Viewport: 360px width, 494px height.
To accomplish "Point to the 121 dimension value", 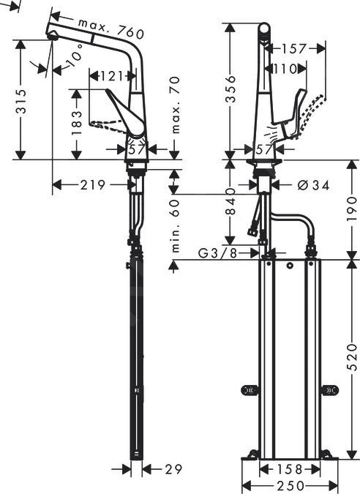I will tap(110, 75).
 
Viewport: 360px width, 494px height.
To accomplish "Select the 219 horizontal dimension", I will tap(92, 186).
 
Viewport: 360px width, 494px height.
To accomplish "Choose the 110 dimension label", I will tap(285, 70).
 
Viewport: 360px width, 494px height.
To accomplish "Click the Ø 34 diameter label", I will tap(313, 185).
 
